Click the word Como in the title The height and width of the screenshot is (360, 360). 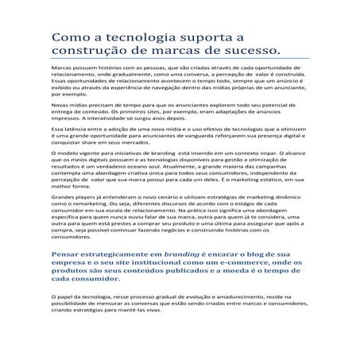(69, 39)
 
